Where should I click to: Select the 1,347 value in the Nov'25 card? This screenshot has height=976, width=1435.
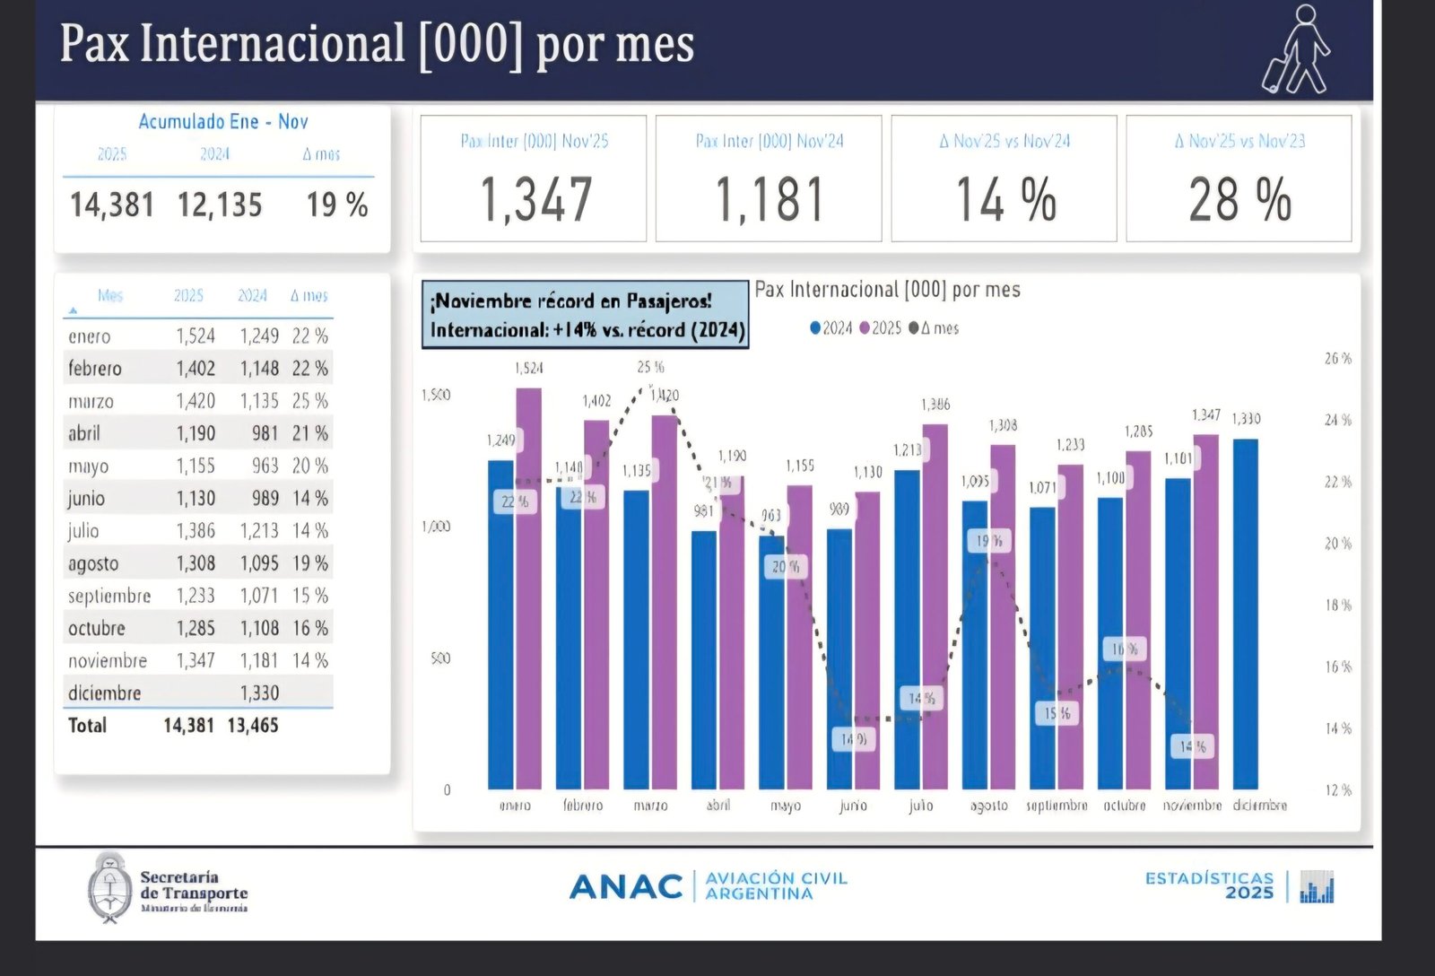(535, 199)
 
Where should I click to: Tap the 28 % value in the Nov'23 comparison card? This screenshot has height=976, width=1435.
(1239, 199)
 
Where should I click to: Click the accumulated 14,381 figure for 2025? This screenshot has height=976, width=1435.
(112, 205)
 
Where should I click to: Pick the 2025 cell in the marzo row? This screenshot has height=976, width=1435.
(196, 401)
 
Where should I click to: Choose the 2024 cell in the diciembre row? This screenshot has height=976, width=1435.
(259, 693)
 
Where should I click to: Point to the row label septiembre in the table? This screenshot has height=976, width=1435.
(109, 596)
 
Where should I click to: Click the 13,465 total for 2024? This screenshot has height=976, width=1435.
(253, 726)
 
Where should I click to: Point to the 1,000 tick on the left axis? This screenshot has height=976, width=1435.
(436, 527)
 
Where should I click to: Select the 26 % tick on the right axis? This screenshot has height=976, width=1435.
(1338, 359)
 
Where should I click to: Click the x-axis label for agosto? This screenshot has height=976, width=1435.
(988, 806)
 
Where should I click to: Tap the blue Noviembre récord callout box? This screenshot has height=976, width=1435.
(586, 314)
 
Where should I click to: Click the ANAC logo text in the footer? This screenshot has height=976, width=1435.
(626, 886)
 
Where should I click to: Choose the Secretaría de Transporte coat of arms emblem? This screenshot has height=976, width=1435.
(109, 888)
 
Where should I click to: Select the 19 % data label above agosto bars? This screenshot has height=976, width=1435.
(988, 541)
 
